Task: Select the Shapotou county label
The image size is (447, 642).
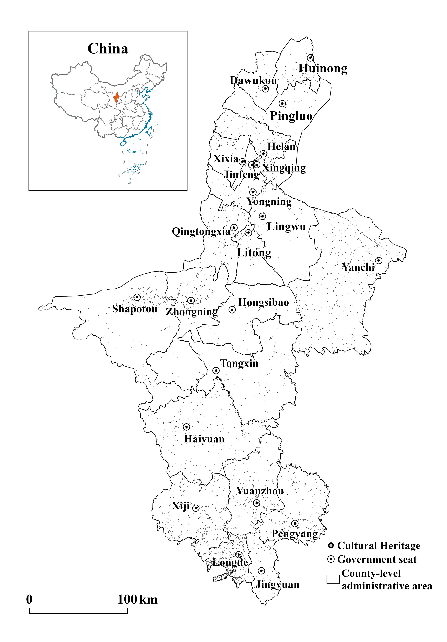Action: point(135,309)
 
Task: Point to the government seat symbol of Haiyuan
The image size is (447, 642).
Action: point(187,427)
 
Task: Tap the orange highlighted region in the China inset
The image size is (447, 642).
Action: point(116,98)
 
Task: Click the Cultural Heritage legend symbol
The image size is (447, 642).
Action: point(331,546)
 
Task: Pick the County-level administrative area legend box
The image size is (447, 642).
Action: point(333,579)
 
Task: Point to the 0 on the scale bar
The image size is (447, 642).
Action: point(29,599)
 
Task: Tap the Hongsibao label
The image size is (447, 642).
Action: point(263,303)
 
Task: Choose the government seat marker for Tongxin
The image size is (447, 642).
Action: point(216,370)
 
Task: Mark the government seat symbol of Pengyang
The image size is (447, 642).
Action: point(295,523)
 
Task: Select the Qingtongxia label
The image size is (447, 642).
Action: point(201,231)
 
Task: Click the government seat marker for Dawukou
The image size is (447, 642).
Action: point(265,89)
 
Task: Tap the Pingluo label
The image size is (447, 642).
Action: point(291,116)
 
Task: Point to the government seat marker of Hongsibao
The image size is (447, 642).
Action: point(232,310)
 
